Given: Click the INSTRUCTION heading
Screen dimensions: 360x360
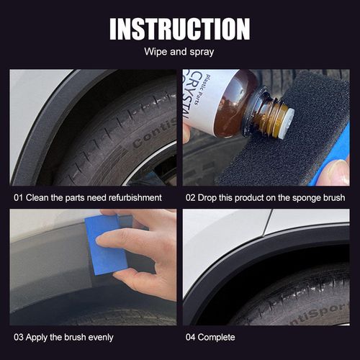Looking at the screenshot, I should pyautogui.click(x=179, y=28).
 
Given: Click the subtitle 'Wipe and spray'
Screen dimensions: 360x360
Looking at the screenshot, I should pyautogui.click(x=179, y=53).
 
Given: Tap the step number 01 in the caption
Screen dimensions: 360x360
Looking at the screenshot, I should pyautogui.click(x=19, y=197).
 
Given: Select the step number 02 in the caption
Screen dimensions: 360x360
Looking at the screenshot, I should pyautogui.click(x=191, y=197).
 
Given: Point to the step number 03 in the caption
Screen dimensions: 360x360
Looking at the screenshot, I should pyautogui.click(x=19, y=337).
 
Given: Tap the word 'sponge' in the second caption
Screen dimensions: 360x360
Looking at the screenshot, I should pyautogui.click(x=302, y=197).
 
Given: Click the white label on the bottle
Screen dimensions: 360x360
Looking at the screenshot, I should pyautogui.click(x=204, y=101).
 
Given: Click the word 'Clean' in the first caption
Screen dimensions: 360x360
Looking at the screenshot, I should pyautogui.click(x=40, y=197).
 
